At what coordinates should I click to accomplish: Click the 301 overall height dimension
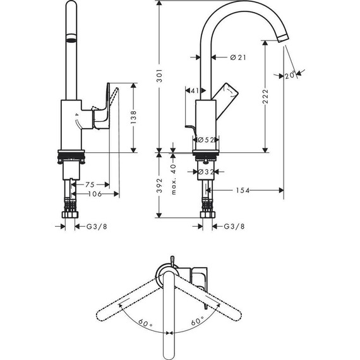pyautogui.click(x=160, y=76)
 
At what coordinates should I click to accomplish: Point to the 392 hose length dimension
pyautogui.click(x=160, y=185)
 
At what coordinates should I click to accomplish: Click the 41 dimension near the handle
pyautogui.click(x=194, y=91)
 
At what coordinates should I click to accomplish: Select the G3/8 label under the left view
pyautogui.click(x=95, y=227)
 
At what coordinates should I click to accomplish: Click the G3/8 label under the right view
pyautogui.click(x=234, y=227)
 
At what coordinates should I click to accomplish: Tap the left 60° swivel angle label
pyautogui.click(x=147, y=323)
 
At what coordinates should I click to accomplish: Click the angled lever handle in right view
pyautogui.click(x=227, y=93)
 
